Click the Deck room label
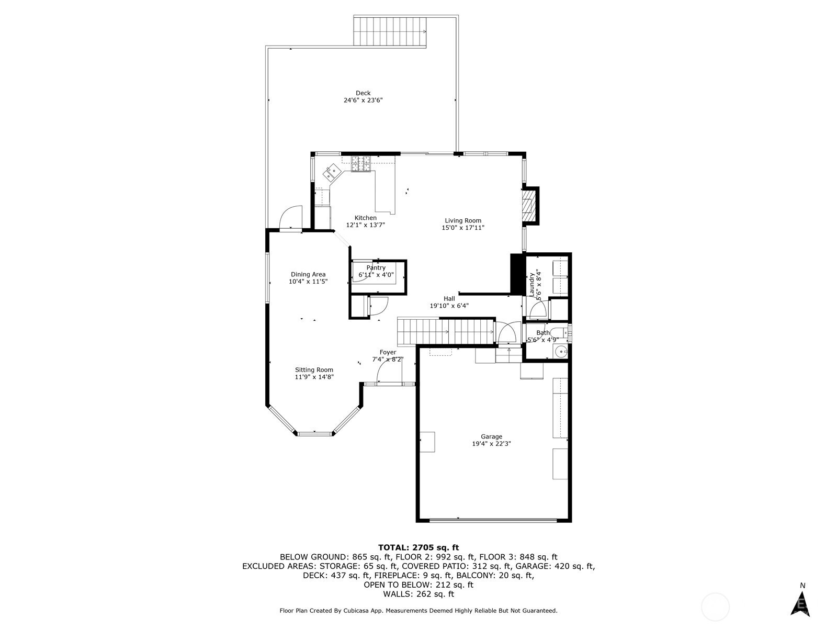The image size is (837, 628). (363, 93)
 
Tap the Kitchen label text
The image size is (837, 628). (365, 218)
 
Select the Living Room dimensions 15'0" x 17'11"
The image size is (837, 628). (463, 228)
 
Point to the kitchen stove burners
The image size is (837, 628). (361, 164)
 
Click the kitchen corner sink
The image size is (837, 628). (331, 172)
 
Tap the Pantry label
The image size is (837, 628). (376, 267)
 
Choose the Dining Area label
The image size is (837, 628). (308, 274)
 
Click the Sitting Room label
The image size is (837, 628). (314, 369)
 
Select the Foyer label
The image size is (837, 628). (388, 352)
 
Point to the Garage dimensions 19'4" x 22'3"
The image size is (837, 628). (492, 444)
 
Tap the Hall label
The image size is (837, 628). (449, 298)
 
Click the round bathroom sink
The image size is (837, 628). (560, 351)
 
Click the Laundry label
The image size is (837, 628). (531, 285)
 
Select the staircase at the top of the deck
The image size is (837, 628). (390, 32)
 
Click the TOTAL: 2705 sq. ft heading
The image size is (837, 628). (418, 548)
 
